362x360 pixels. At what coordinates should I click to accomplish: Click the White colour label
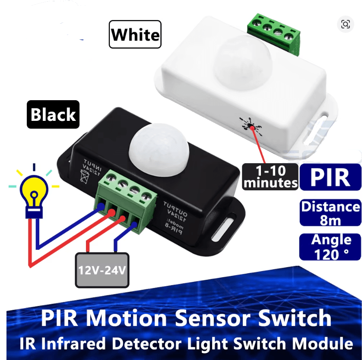(x=135, y=35)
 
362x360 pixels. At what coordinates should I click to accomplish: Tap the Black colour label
(x=53, y=114)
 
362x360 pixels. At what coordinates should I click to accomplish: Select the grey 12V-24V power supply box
(x=102, y=270)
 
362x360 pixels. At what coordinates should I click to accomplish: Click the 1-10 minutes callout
(x=270, y=177)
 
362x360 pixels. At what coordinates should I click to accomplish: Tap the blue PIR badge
(x=330, y=177)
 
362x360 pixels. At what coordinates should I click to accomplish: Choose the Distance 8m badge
(x=330, y=213)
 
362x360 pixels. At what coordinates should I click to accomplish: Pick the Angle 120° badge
(x=330, y=247)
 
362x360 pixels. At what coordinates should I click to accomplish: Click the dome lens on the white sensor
(x=243, y=63)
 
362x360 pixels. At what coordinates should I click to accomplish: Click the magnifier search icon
(x=346, y=24)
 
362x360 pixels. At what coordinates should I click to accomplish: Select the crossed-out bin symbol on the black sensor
(x=85, y=177)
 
